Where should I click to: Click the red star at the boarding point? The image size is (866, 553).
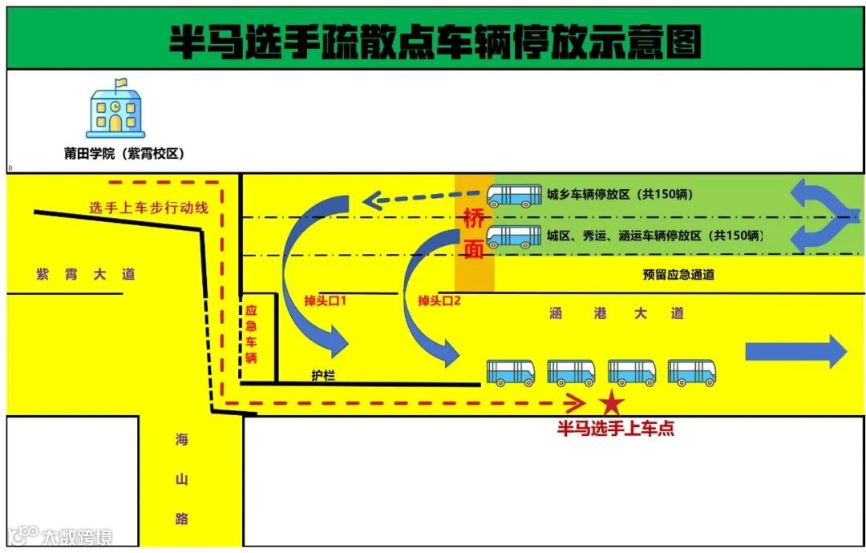[x=612, y=402]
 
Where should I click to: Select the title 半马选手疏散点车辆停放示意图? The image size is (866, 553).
[x=434, y=40]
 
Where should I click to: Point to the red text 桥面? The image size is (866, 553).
[x=474, y=232]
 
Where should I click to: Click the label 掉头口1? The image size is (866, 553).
[x=324, y=301]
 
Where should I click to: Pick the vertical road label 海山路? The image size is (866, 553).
[x=182, y=479]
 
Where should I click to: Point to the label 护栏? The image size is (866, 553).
[x=323, y=375]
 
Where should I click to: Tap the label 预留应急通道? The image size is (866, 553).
[x=678, y=274]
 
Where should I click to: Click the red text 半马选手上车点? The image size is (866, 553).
[x=616, y=429]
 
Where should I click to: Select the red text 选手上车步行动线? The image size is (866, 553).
[x=148, y=208]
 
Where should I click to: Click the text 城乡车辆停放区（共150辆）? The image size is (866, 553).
[x=620, y=194]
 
